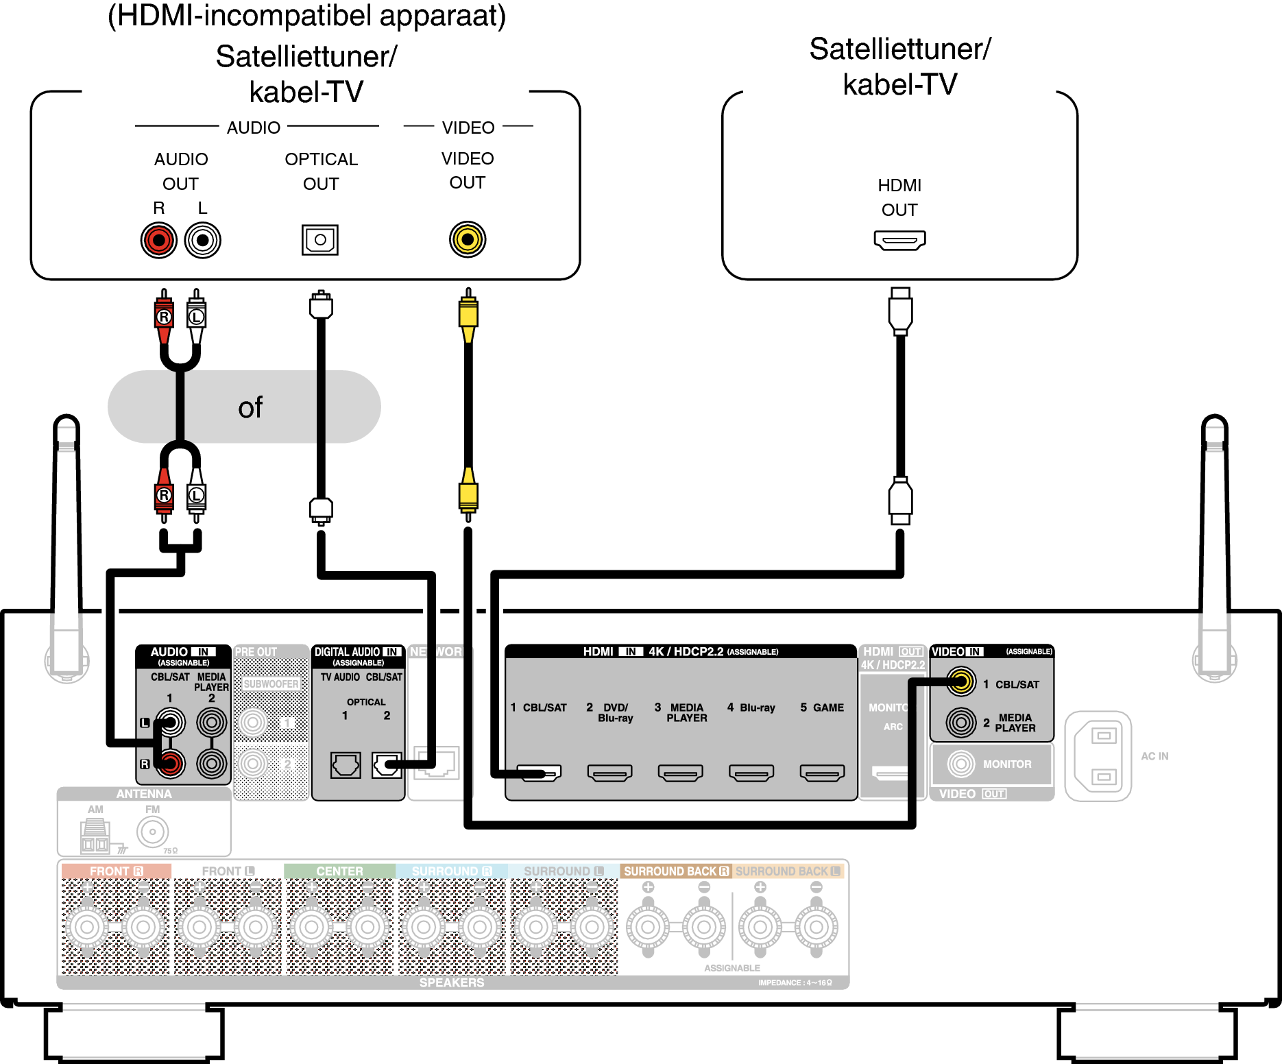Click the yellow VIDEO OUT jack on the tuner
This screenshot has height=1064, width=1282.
click(468, 239)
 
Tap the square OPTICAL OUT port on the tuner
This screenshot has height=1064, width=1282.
click(320, 240)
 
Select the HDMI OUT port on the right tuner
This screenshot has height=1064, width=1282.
click(899, 240)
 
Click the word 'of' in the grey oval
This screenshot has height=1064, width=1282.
click(250, 408)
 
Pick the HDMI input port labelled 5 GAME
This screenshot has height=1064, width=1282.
click(822, 773)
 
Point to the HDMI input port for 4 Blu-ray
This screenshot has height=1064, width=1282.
click(751, 773)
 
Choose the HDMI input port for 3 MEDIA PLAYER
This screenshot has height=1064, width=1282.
click(680, 773)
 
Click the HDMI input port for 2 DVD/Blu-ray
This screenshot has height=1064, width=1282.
click(609, 773)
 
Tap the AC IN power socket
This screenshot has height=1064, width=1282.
click(1098, 756)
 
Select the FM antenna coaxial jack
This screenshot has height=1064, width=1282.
click(152, 832)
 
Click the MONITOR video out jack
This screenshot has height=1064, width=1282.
click(961, 764)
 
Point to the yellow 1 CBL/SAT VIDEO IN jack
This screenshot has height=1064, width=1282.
click(961, 681)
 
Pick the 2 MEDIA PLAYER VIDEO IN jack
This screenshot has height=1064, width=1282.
click(961, 723)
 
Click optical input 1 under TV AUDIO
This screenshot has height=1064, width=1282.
click(346, 764)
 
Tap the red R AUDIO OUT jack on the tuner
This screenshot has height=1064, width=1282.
click(159, 240)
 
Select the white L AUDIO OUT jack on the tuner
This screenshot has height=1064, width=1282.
click(203, 240)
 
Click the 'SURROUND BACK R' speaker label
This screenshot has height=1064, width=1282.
click(676, 871)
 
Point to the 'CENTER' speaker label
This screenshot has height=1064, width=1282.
click(339, 871)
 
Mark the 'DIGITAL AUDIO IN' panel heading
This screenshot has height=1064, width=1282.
click(357, 652)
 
